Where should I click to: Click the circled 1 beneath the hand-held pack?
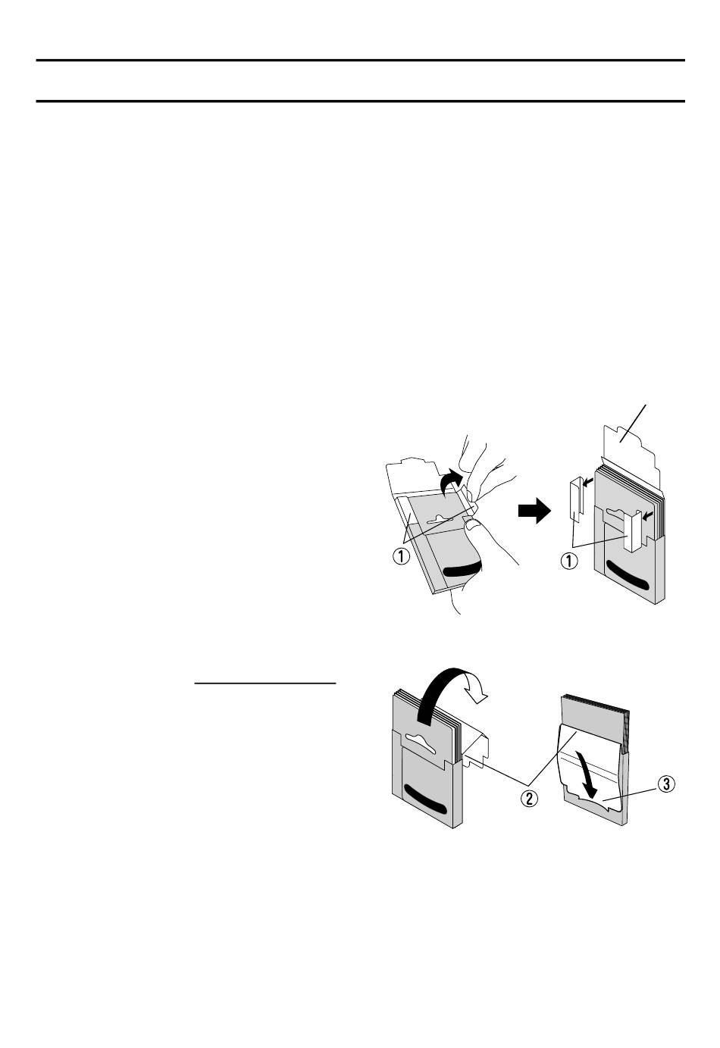click(400, 556)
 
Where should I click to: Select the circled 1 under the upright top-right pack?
click(568, 561)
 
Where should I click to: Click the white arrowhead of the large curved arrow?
click(481, 690)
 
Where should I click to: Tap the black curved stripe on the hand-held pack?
click(460, 568)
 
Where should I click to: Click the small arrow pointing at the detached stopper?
click(584, 486)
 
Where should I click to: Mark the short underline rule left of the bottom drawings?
click(265, 683)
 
